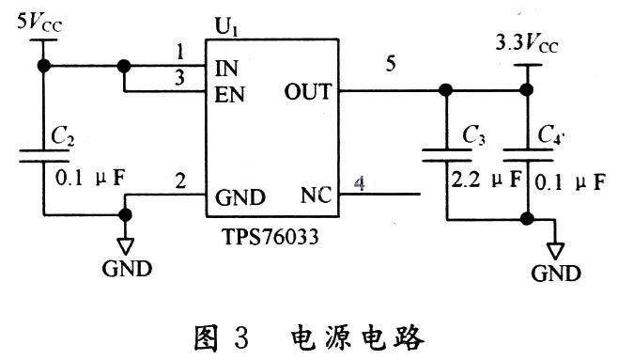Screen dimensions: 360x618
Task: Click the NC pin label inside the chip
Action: (315, 196)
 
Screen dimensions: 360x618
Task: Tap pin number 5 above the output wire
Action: (390, 64)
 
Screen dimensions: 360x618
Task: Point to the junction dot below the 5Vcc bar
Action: (43, 67)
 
